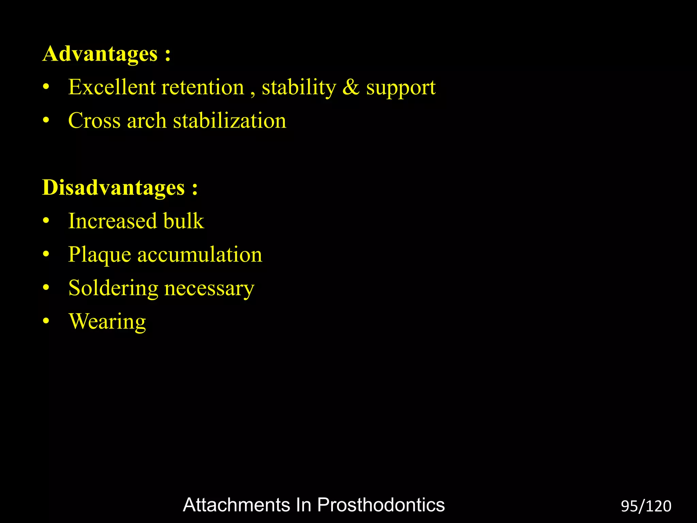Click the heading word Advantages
point(100,54)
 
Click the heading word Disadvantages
point(113,188)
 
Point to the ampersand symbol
point(351,87)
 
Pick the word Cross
point(94,121)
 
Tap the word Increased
point(112,221)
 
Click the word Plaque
point(99,255)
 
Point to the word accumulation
point(200,255)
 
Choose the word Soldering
point(113,288)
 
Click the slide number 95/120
point(646,506)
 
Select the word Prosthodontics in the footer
point(381,505)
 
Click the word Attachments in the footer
point(236,505)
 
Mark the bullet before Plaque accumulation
point(46,254)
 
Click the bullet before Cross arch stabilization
point(46,120)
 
